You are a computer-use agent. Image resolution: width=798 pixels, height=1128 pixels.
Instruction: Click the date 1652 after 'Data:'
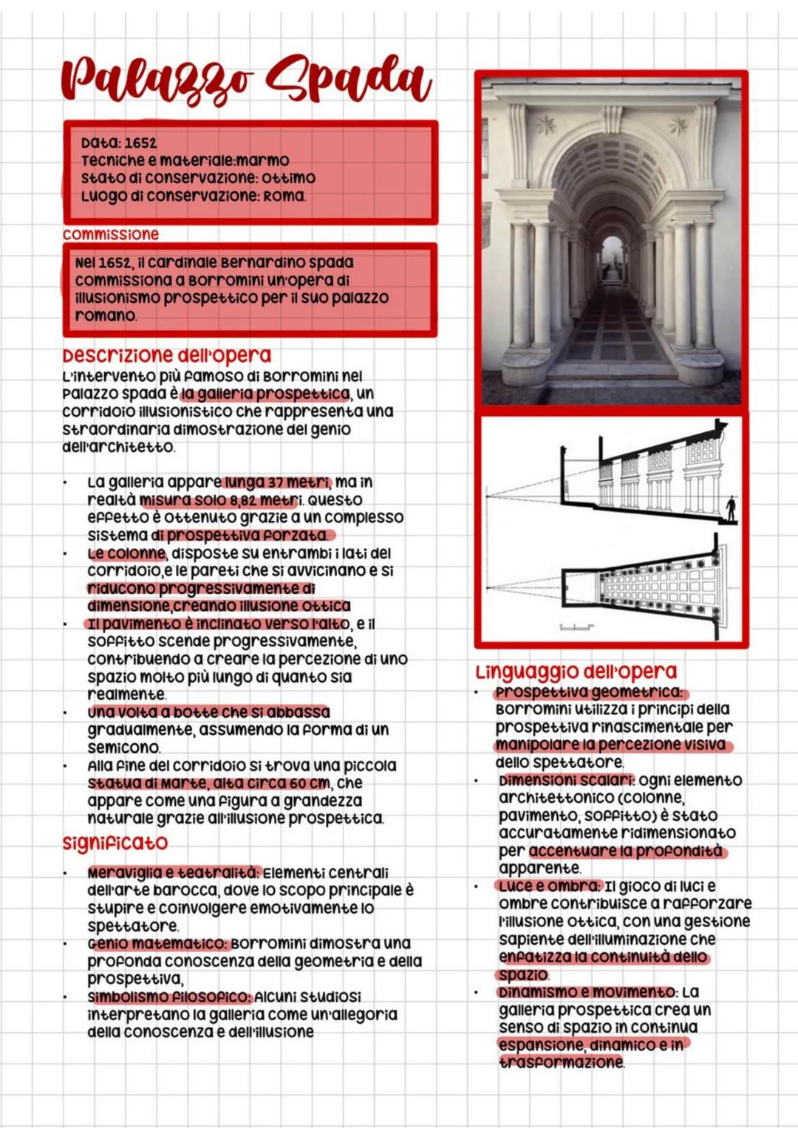pos(140,143)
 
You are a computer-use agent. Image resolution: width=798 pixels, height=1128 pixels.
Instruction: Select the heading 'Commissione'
pos(111,234)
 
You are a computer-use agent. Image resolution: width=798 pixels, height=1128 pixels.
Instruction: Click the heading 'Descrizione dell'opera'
pos(167,355)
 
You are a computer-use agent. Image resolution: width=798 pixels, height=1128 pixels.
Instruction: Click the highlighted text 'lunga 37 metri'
pos(277,482)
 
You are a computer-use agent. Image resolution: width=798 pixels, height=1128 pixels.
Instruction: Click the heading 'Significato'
pos(115,843)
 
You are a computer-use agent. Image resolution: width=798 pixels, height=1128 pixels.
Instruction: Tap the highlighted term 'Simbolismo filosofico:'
pos(169,997)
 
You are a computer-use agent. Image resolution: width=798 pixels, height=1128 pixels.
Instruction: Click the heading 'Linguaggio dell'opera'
pos(576,672)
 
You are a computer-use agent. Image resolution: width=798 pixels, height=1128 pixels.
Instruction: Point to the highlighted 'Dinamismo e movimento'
pos(587,992)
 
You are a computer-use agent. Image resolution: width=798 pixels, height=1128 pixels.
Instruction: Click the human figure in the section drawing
pos(731,507)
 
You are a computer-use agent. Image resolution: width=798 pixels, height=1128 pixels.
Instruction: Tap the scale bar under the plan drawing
pos(576,628)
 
